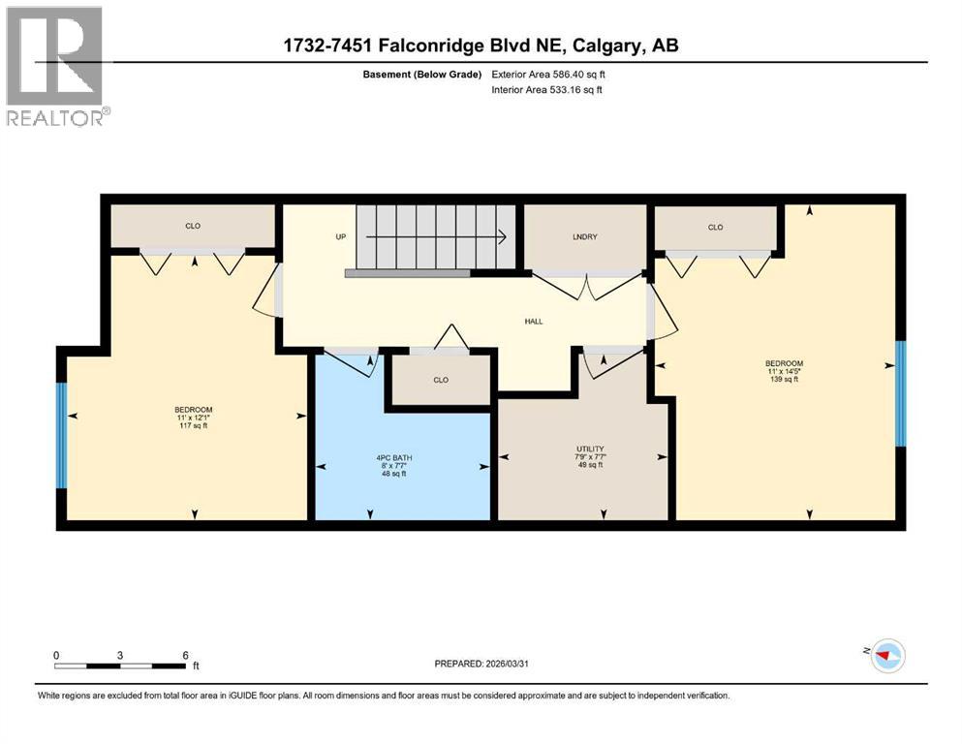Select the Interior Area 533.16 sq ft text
pos(547,89)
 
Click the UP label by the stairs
pos(340,236)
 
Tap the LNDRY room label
pos(584,235)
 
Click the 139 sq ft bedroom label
pos(785,372)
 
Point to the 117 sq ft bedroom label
pos(193,418)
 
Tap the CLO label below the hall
pos(441,380)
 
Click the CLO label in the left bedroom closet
pos(193,226)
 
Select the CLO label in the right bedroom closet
pos(715,228)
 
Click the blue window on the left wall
pos(61,435)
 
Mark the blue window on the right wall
pos(900,393)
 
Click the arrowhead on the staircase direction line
pos(504,236)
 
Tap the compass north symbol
pos(884,656)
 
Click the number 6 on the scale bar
pos(184,655)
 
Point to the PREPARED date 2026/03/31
pos(481,664)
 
